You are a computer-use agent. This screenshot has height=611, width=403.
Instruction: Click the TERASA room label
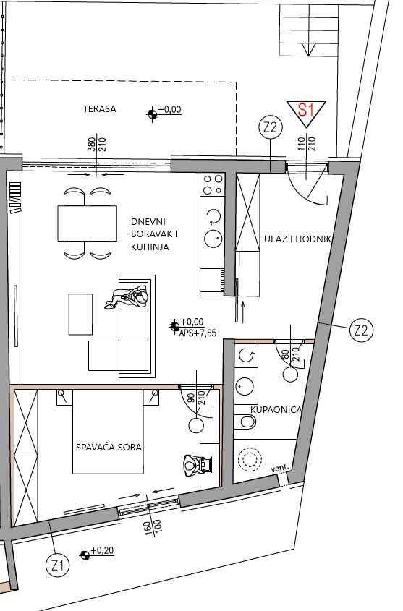click(x=100, y=108)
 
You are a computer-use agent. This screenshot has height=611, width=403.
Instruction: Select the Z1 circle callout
click(x=58, y=564)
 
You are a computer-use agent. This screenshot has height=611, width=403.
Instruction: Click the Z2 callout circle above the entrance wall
click(x=270, y=128)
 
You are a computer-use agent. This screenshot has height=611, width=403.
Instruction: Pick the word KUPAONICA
click(x=276, y=409)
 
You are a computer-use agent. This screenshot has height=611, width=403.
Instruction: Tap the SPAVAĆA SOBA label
click(x=109, y=447)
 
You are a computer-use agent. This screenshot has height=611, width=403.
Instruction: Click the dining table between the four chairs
click(x=88, y=223)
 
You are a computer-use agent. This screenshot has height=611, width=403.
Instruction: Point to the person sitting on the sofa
click(x=132, y=297)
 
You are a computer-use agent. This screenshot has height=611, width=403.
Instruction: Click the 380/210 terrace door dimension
click(x=97, y=148)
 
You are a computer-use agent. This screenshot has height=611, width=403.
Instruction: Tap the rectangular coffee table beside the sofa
click(x=80, y=314)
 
